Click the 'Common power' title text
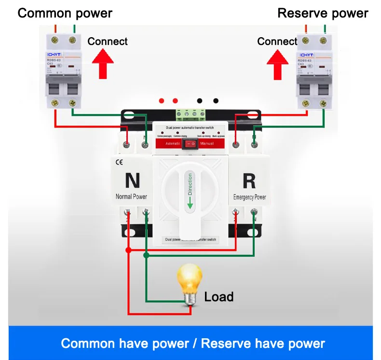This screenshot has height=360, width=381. pos(65,13)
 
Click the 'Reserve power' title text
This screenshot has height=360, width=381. pos(323,13)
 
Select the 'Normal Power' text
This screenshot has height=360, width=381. pos(131,196)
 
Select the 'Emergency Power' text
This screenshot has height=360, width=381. pos(249,197)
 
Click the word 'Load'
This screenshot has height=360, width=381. pos(218,296)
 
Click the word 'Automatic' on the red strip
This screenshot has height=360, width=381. pos(173,143)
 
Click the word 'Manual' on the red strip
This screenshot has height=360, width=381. pos(207,143)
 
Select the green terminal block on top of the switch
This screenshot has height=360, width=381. pos(190,114)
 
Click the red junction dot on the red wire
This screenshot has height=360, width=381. pos(128,250)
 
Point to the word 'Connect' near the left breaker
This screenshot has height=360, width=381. pos(108,41)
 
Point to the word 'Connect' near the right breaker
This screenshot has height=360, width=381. pos(277,41)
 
